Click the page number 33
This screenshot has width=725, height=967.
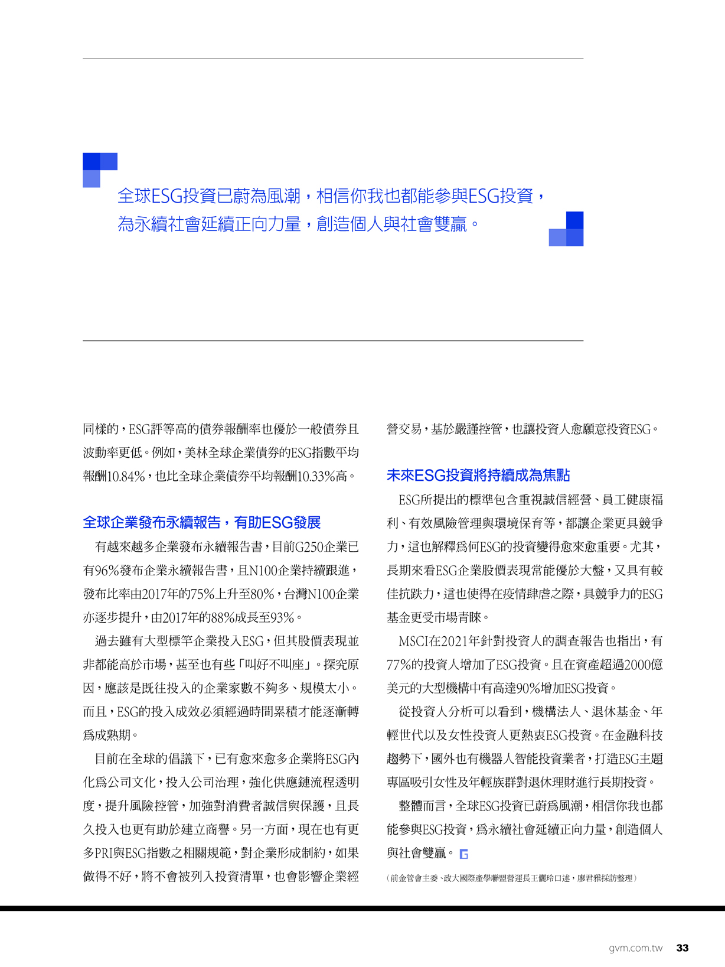pyautogui.click(x=682, y=948)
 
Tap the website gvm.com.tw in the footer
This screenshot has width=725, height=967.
pyautogui.click(x=635, y=948)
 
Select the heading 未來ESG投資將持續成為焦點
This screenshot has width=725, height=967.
pyautogui.click(x=478, y=476)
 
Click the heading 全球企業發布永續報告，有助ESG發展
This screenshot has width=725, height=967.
pyautogui.click(x=202, y=523)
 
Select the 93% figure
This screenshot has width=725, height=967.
pyautogui.click(x=282, y=618)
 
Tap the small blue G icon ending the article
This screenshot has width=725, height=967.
pyautogui.click(x=464, y=854)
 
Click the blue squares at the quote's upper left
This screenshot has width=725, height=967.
pyautogui.click(x=99, y=169)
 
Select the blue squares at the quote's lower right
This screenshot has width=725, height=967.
pyautogui.click(x=567, y=229)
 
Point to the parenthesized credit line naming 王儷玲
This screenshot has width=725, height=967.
pyautogui.click(x=512, y=878)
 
